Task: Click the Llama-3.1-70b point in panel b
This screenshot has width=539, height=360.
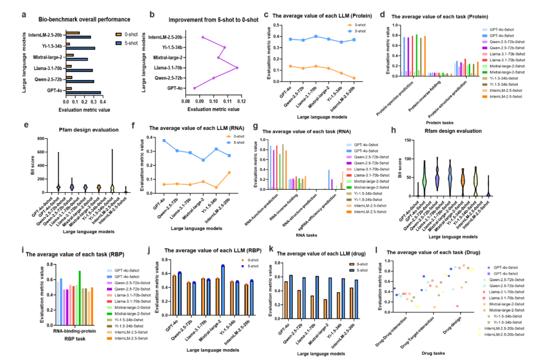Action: [x=237, y=67]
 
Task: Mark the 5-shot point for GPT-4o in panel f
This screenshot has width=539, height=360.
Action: [x=164, y=140]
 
